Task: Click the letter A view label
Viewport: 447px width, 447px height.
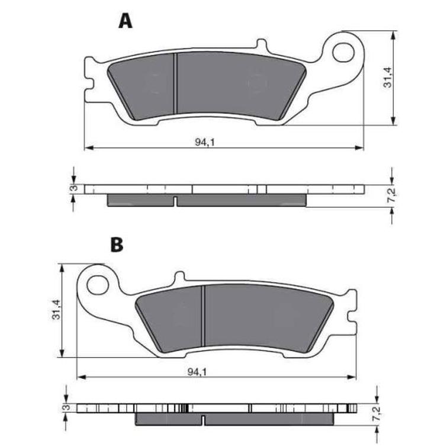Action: pyautogui.click(x=125, y=21)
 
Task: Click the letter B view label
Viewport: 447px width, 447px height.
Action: pyautogui.click(x=117, y=245)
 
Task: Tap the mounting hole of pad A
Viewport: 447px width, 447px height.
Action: pyautogui.click(x=343, y=52)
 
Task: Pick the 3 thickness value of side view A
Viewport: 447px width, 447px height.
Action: pyautogui.click(x=72, y=188)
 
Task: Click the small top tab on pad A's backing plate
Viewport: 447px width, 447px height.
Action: pyautogui.click(x=261, y=45)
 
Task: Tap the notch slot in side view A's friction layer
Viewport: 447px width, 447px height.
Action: pyautogui.click(x=176, y=202)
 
